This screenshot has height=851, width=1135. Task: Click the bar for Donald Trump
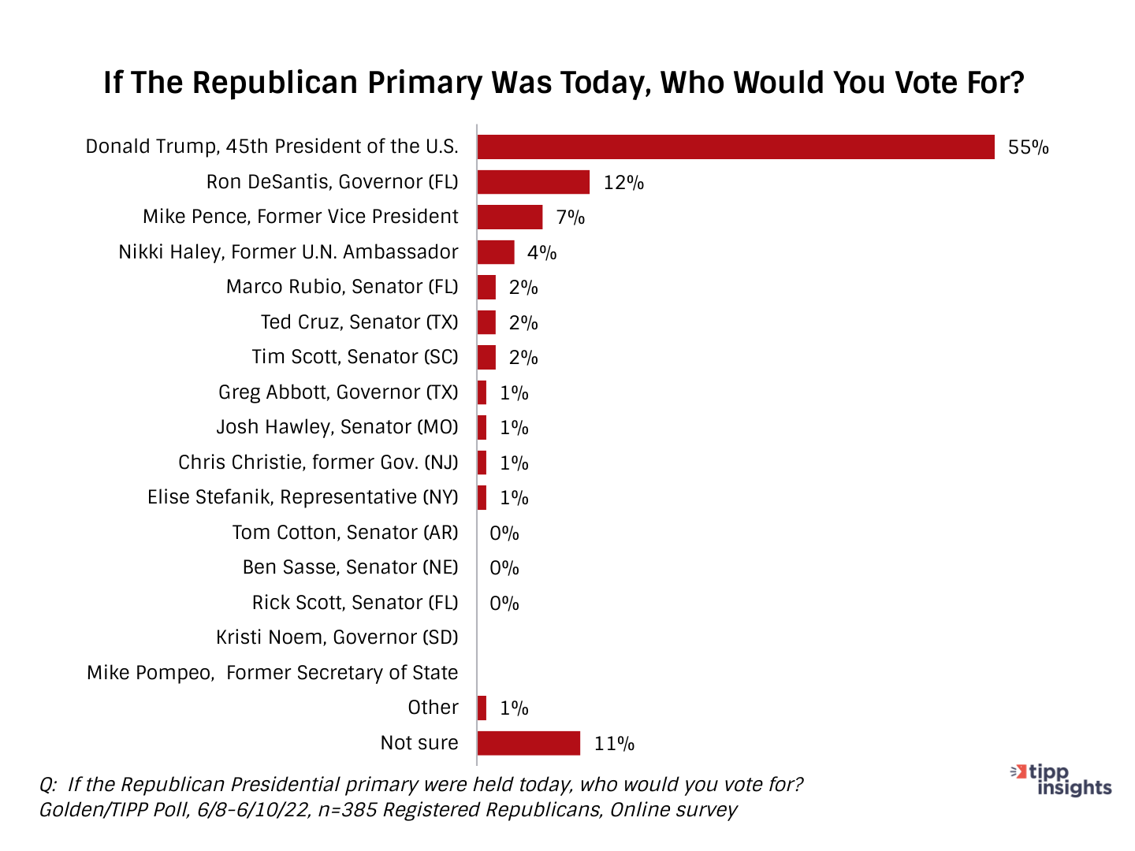(x=735, y=147)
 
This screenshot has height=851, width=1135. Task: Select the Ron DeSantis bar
(x=533, y=182)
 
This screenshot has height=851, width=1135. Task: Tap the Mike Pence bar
(x=509, y=217)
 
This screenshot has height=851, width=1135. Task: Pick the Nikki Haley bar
(x=495, y=252)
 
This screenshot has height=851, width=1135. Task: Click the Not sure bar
(x=528, y=743)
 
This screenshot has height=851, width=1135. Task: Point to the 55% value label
(x=1028, y=147)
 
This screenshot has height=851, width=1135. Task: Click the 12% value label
(x=623, y=183)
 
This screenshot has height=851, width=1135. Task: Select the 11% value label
(x=614, y=744)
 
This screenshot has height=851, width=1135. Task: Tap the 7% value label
(x=570, y=217)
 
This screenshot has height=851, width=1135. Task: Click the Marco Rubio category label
(x=341, y=287)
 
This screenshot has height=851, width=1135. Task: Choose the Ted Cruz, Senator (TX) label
(x=359, y=322)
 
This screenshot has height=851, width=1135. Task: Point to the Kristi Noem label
(x=337, y=637)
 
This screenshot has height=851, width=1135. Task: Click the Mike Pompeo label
(x=272, y=673)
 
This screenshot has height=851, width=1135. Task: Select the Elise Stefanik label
(x=302, y=497)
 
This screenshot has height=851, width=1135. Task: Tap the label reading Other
(x=433, y=708)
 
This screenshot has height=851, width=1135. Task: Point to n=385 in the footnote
(x=347, y=810)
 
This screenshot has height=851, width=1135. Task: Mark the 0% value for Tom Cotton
(x=504, y=533)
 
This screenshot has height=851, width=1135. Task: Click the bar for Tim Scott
(x=486, y=358)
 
